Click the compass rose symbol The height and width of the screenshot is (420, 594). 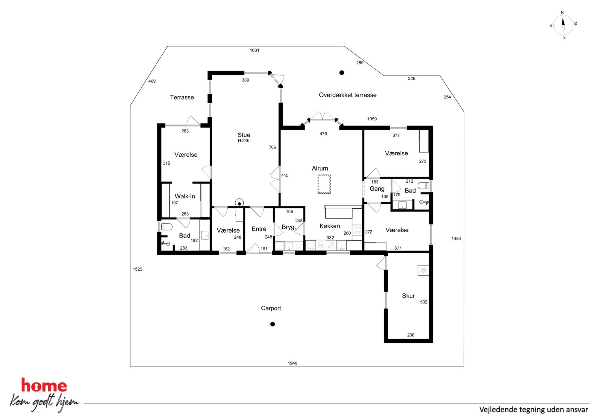click(x=563, y=25)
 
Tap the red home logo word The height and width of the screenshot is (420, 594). click(x=44, y=385)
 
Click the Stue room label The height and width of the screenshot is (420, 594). click(x=244, y=135)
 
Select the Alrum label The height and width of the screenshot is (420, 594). click(x=320, y=168)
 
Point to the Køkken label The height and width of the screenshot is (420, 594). click(x=330, y=226)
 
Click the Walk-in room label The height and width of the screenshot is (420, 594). click(x=185, y=196)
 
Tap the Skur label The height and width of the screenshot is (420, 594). click(x=408, y=296)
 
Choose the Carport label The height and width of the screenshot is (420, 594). click(x=271, y=308)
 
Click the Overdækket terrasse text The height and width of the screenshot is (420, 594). click(x=348, y=95)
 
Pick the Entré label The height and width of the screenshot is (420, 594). click(x=259, y=229)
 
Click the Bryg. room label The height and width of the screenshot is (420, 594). click(x=289, y=227)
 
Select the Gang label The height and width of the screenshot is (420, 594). click(x=377, y=189)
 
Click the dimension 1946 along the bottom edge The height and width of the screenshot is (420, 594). click(x=293, y=363)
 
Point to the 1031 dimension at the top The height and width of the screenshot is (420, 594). click(x=254, y=50)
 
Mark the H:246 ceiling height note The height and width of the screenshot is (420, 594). click(x=243, y=141)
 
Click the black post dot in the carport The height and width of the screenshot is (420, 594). click(x=272, y=324)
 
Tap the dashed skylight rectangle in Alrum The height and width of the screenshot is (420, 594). click(x=324, y=184)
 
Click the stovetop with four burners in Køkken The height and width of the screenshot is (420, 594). click(x=357, y=230)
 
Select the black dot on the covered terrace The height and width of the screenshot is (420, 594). click(x=342, y=72)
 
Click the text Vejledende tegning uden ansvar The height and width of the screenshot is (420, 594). click(x=534, y=410)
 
